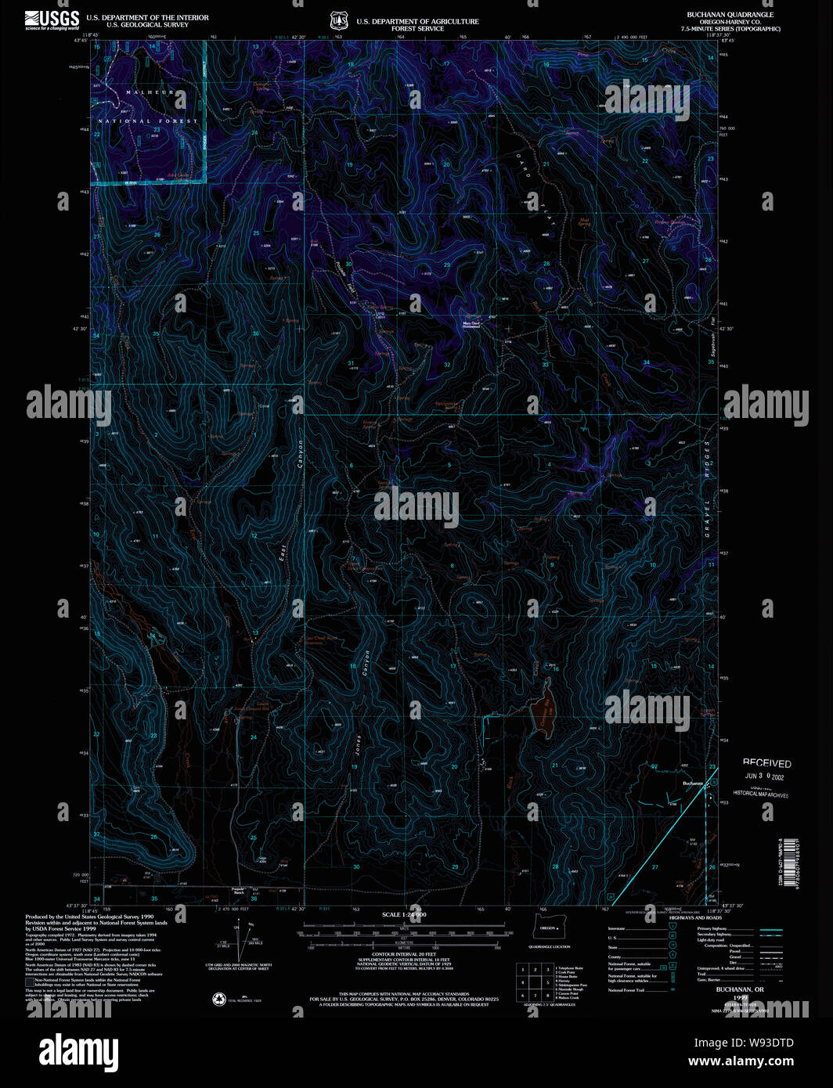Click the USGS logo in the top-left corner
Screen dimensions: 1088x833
tap(52, 20)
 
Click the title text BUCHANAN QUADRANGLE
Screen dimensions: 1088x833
tap(730, 15)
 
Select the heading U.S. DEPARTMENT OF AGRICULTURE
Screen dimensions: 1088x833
tap(417, 21)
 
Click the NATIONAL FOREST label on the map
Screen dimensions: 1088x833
tap(149, 121)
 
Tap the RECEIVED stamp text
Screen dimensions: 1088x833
tap(766, 763)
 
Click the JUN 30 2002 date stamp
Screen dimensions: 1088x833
tap(764, 777)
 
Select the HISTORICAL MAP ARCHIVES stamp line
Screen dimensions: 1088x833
tap(760, 794)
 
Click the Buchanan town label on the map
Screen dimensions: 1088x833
tap(693, 784)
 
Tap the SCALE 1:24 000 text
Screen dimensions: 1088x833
tap(404, 914)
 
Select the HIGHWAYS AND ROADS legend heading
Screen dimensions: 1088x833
tap(695, 918)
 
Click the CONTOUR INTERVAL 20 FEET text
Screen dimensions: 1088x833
tap(404, 955)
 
